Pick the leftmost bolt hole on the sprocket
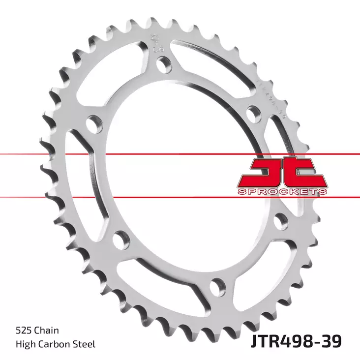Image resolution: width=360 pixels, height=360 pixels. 92,123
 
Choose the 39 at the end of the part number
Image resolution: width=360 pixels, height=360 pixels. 331,340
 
